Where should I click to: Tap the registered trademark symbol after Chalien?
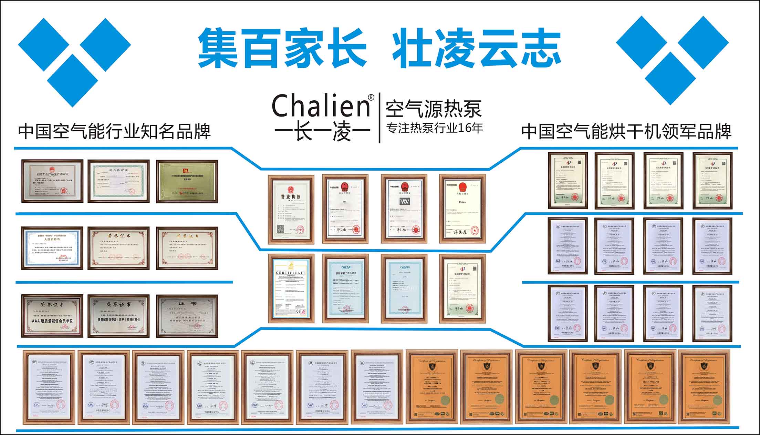[x=371, y=98]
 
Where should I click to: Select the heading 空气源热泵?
[x=433, y=109]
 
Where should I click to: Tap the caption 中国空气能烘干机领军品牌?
[x=626, y=132]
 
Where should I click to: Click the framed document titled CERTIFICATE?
[x=291, y=288]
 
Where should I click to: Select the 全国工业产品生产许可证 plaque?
[x=52, y=181]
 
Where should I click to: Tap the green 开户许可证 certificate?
[x=118, y=181]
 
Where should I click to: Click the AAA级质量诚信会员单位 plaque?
[x=52, y=316]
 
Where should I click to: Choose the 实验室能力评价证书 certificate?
[x=345, y=288]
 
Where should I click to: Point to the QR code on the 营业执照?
[x=281, y=229]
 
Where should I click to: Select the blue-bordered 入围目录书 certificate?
[x=52, y=248]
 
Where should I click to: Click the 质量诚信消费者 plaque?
[x=118, y=316]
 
